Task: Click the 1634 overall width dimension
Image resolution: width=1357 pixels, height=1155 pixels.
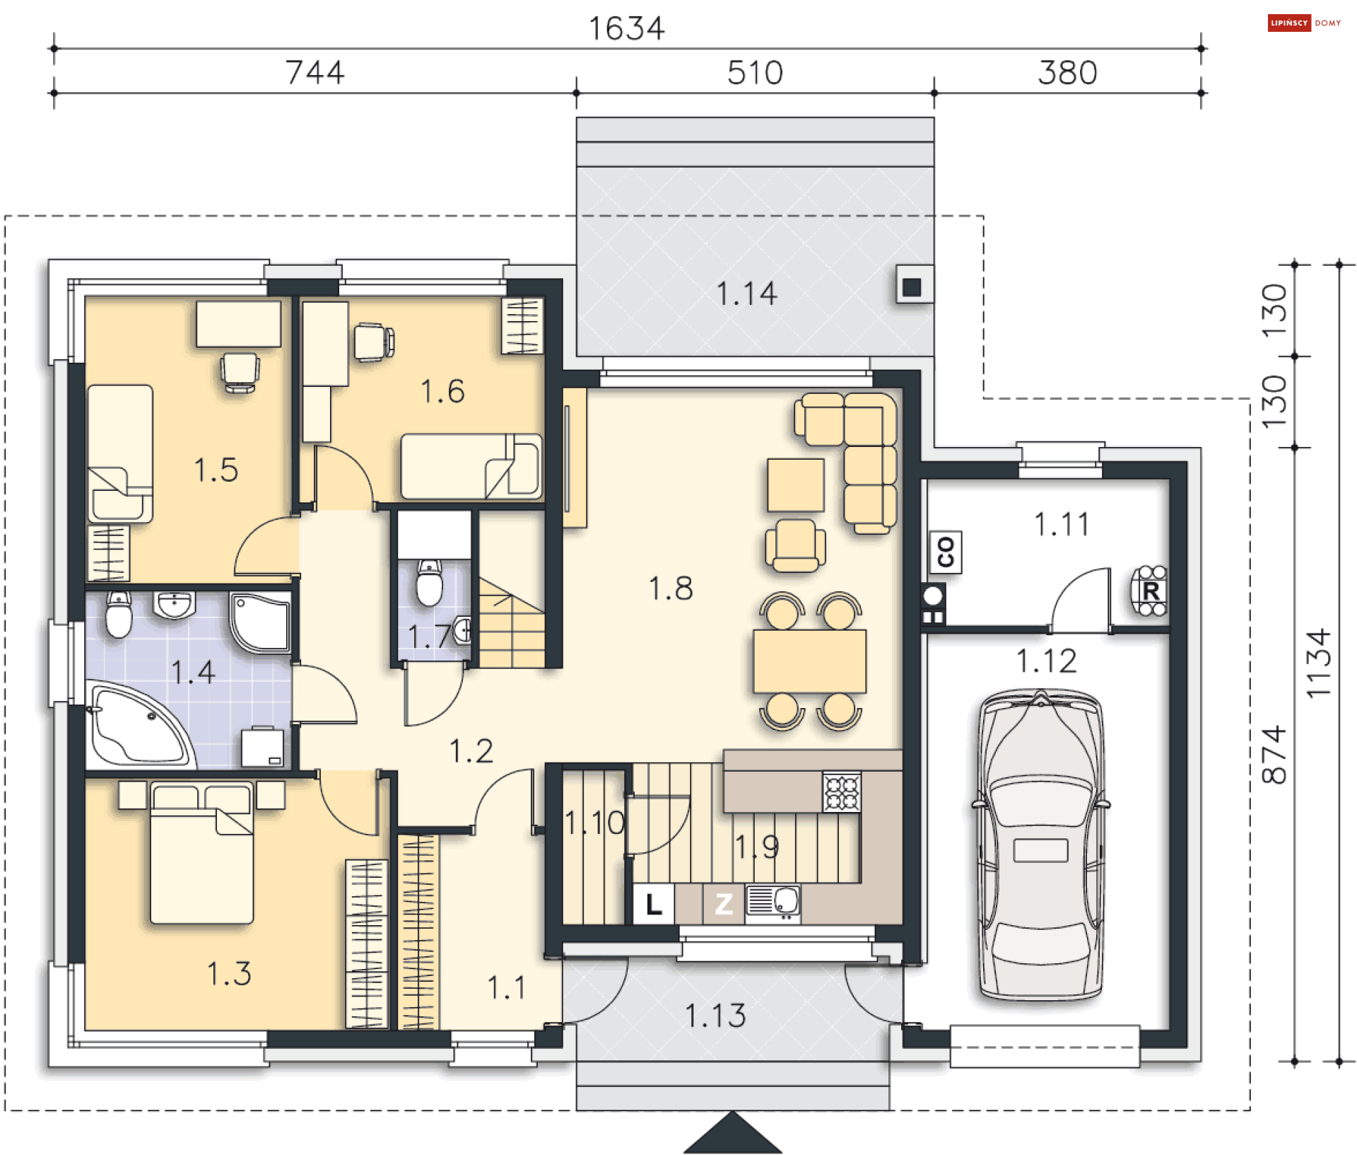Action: [x=626, y=28]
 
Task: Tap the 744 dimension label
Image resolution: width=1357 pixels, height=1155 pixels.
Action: [x=315, y=72]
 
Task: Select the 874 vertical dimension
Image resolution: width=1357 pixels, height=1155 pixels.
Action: [x=1275, y=755]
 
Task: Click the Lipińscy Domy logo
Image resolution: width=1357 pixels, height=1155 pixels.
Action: [x=1305, y=23]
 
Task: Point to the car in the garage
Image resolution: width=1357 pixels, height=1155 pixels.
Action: [x=1040, y=845]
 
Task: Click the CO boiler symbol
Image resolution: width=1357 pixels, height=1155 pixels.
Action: [x=946, y=552]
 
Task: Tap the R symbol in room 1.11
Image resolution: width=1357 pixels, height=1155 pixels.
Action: [x=1150, y=591]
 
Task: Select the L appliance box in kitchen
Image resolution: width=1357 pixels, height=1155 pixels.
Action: [x=654, y=904]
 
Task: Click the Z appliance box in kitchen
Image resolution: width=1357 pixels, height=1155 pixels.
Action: [x=723, y=904]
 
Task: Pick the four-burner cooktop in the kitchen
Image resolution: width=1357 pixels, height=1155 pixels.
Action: [x=842, y=791]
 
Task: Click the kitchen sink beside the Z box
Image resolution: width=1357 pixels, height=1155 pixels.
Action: [x=773, y=904]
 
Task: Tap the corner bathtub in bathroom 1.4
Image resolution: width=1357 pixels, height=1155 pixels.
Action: [x=140, y=726]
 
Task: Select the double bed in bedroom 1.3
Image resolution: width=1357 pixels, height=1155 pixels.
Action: [x=202, y=853]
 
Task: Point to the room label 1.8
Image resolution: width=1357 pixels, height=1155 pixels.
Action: [x=671, y=588]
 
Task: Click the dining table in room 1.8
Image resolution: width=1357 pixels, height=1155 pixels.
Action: [x=810, y=661]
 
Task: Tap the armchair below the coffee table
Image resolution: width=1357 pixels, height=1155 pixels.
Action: [x=795, y=545]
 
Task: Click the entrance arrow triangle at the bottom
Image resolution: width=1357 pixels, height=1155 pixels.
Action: [x=733, y=1134]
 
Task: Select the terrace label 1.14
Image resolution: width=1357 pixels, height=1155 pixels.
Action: [x=746, y=294]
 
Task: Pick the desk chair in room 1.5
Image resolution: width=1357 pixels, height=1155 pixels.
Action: [x=240, y=372]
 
